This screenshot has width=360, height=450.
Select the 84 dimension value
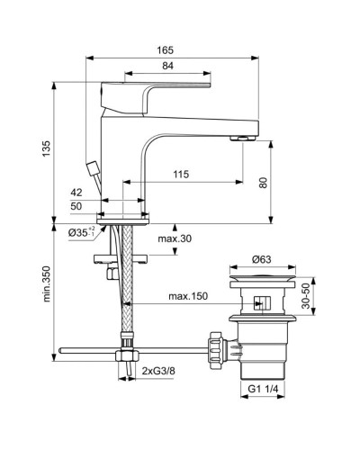[x=168, y=65]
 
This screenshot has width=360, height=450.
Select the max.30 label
[x=175, y=238]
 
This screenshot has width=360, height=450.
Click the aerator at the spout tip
[x=242, y=138]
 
